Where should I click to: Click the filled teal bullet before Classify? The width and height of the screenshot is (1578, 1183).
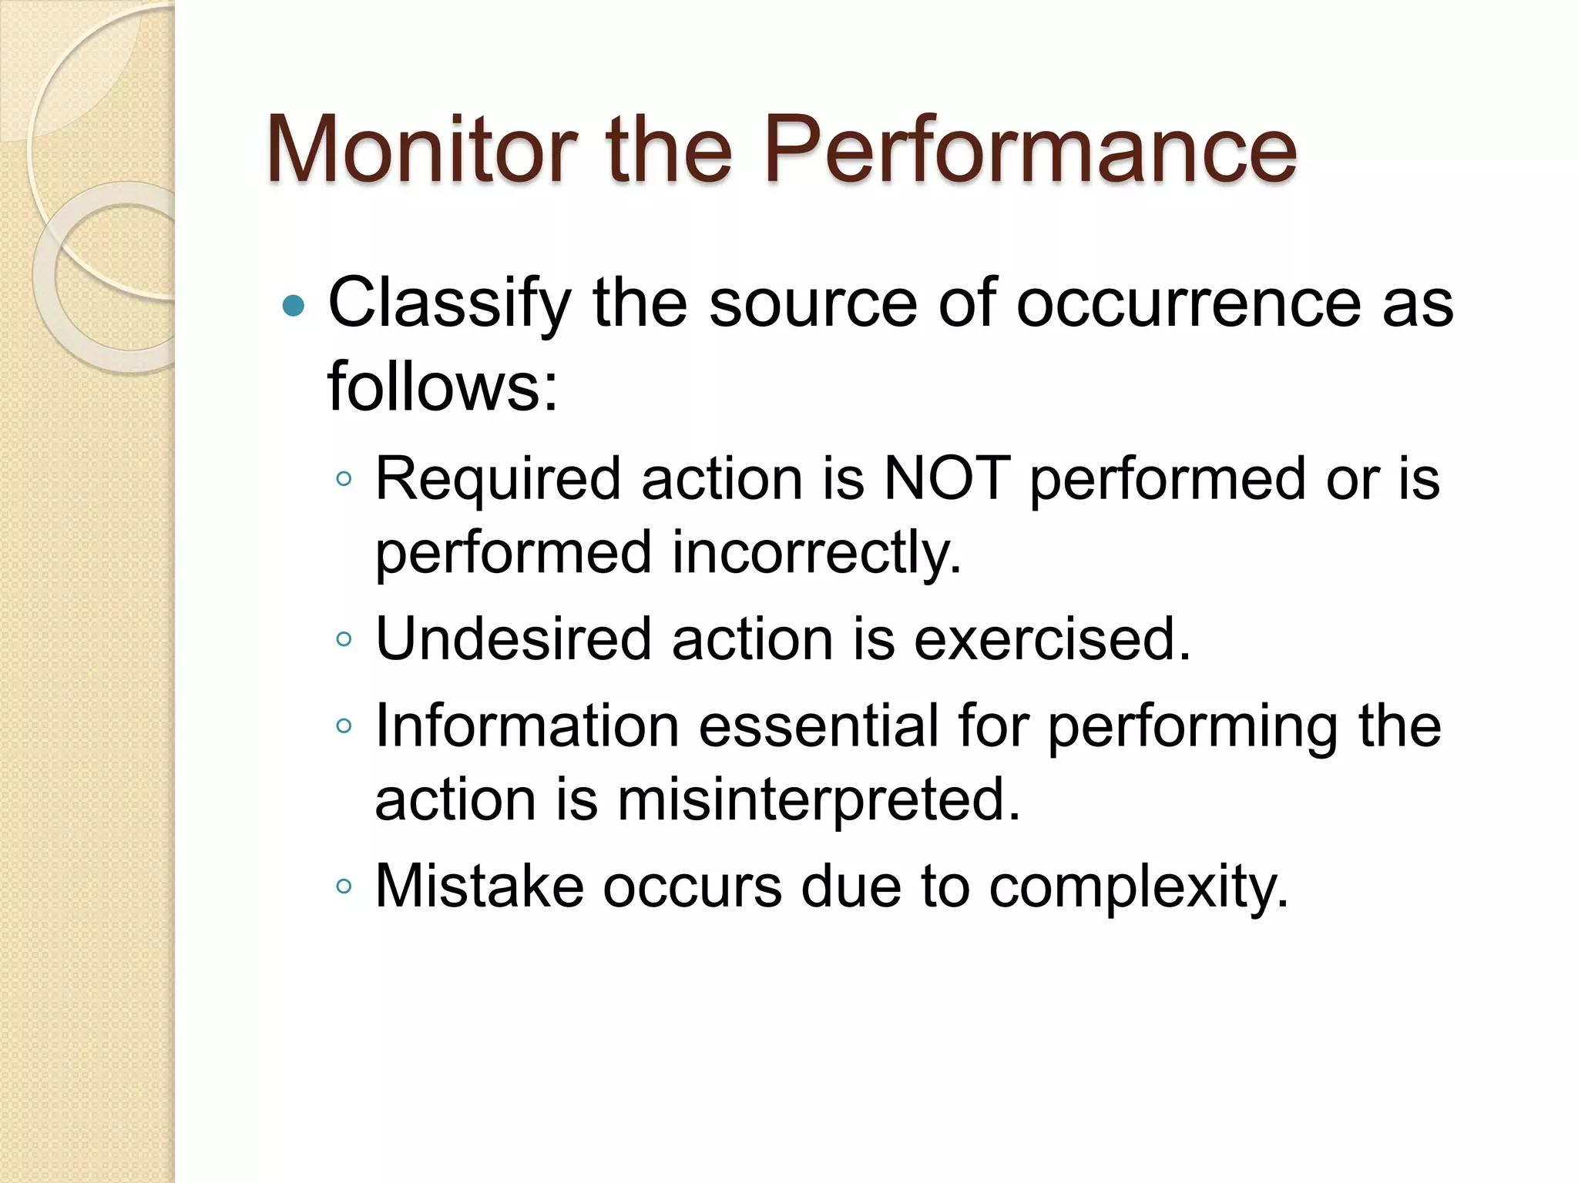294,307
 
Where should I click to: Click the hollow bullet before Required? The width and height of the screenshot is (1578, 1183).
344,479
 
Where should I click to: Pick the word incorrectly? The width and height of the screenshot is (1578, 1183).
817,553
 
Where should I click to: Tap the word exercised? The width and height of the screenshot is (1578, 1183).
1052,638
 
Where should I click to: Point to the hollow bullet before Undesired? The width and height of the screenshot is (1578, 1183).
344,638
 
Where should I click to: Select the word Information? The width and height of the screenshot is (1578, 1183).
527,726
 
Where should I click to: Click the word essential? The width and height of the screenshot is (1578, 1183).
819,726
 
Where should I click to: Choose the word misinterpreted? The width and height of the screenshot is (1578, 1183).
818,799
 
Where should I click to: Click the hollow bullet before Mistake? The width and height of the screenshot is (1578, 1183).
344,886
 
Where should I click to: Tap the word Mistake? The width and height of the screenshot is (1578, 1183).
479,886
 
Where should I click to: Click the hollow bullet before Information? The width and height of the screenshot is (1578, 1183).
344,726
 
